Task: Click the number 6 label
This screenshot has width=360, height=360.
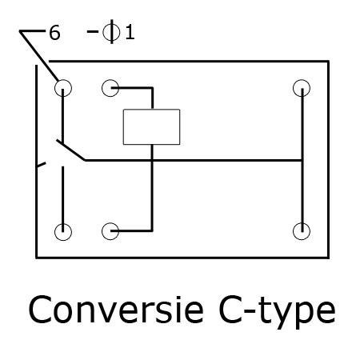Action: pyautogui.click(x=54, y=33)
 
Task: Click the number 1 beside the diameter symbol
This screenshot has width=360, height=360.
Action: pyautogui.click(x=130, y=33)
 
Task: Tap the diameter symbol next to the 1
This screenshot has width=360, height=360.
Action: pyautogui.click(x=111, y=32)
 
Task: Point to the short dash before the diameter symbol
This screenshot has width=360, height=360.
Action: pyautogui.click(x=93, y=32)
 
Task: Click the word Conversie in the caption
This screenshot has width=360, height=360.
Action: pyautogui.click(x=116, y=310)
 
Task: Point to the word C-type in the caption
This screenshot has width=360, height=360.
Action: pyautogui.click(x=277, y=312)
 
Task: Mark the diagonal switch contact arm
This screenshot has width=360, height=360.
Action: pyautogui.click(x=70, y=150)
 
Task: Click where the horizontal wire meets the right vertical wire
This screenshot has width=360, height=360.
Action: pyautogui.click(x=302, y=160)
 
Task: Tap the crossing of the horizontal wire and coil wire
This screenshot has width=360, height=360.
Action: pyautogui.click(x=152, y=160)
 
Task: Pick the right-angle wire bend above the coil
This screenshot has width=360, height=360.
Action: pyautogui.click(x=152, y=88)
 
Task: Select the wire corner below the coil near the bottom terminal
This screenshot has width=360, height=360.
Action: pyautogui.click(x=152, y=230)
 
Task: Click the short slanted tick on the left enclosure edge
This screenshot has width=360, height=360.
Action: pyautogui.click(x=41, y=165)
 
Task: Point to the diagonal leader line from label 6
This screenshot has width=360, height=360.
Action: pyautogui.click(x=39, y=56)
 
